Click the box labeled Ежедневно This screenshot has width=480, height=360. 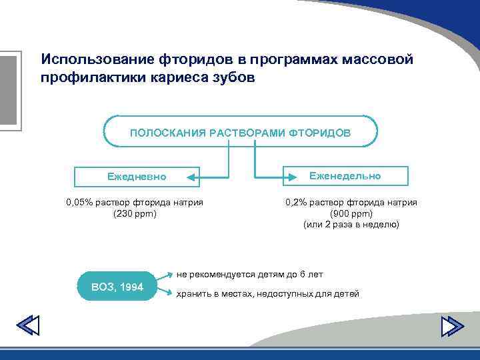[137, 177]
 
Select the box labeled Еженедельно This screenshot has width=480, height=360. [346, 176]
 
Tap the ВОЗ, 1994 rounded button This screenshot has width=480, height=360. [116, 287]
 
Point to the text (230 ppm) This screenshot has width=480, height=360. [135, 214]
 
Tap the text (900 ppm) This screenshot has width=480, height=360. [351, 214]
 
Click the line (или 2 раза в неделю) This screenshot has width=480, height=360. [351, 225]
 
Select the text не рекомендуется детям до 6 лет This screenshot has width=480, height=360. [249, 274]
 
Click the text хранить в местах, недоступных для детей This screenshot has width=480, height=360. [267, 294]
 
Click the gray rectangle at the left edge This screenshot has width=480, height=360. [8, 89]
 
